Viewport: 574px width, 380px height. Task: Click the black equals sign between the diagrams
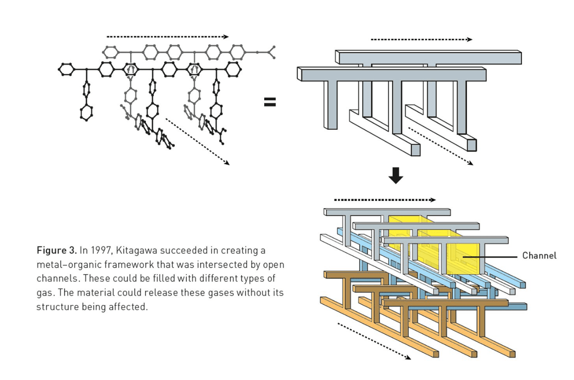(270, 102)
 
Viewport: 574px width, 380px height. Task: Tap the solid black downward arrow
(396, 175)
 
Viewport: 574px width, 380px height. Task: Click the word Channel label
(539, 256)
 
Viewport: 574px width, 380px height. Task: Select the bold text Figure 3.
(57, 250)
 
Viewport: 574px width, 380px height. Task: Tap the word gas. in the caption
(46, 293)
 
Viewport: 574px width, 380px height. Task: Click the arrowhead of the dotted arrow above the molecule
(226, 37)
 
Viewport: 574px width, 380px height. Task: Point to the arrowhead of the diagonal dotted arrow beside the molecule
(227, 163)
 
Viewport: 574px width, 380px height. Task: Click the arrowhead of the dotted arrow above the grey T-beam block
(469, 39)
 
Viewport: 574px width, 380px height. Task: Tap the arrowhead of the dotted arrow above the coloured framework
(432, 200)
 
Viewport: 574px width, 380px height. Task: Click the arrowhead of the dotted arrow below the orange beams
(408, 358)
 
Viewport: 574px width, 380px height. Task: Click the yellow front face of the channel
(463, 259)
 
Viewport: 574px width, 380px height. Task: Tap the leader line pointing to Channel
(490, 257)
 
